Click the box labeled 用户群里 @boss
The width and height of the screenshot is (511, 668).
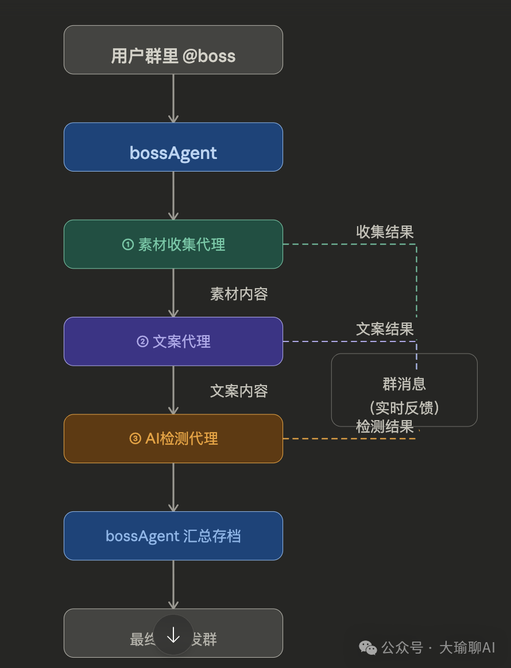click(173, 50)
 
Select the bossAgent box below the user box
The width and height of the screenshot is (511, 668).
click(173, 147)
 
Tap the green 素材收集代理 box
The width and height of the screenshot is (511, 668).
click(173, 244)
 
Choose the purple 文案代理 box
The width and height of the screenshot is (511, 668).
click(173, 341)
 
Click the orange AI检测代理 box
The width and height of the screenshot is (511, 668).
click(173, 438)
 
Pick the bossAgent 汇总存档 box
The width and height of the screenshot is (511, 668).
click(173, 536)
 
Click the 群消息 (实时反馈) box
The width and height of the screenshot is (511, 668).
click(404, 390)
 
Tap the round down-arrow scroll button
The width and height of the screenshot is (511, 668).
click(173, 635)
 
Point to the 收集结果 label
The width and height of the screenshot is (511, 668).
click(385, 232)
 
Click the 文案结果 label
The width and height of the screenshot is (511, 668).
click(385, 329)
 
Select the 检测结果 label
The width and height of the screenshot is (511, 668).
click(385, 426)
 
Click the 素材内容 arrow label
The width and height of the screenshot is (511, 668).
click(239, 294)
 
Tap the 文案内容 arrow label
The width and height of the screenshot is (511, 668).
click(239, 391)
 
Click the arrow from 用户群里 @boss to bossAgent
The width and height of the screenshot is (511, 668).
click(173, 98)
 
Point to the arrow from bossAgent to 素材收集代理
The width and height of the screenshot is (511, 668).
click(173, 195)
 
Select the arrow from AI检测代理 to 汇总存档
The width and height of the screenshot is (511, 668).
click(173, 487)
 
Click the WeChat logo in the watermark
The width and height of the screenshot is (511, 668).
click(368, 648)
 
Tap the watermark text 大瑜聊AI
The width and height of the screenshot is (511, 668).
click(467, 648)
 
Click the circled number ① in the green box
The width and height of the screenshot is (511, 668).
click(127, 244)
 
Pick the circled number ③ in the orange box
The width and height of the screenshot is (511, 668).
click(135, 439)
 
